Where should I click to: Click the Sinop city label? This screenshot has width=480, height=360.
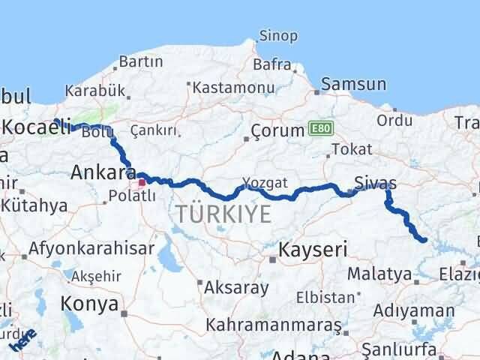click(x=278, y=36)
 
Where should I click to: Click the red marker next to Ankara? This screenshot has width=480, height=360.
click(x=142, y=181)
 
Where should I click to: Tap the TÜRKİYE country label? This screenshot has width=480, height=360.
click(x=223, y=215)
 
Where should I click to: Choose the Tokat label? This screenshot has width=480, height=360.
click(x=351, y=149)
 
